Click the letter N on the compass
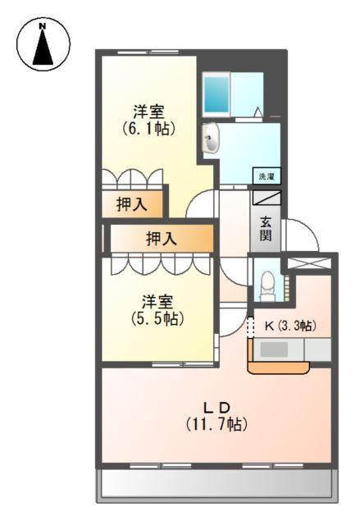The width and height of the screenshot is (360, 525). click(x=42, y=26)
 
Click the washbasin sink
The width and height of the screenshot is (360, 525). click(x=212, y=139)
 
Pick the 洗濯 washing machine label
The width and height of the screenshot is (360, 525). click(x=267, y=176)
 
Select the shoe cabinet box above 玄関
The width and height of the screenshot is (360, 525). click(x=267, y=198)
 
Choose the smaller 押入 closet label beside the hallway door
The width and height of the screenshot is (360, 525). click(x=131, y=205)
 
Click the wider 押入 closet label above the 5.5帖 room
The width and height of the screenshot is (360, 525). click(x=161, y=239)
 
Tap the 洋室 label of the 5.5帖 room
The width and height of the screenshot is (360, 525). click(x=156, y=301)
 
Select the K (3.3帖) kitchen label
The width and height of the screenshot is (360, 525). click(x=289, y=325)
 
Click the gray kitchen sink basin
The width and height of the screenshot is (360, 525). click(x=274, y=349)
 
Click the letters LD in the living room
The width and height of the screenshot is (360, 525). click(x=217, y=408)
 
